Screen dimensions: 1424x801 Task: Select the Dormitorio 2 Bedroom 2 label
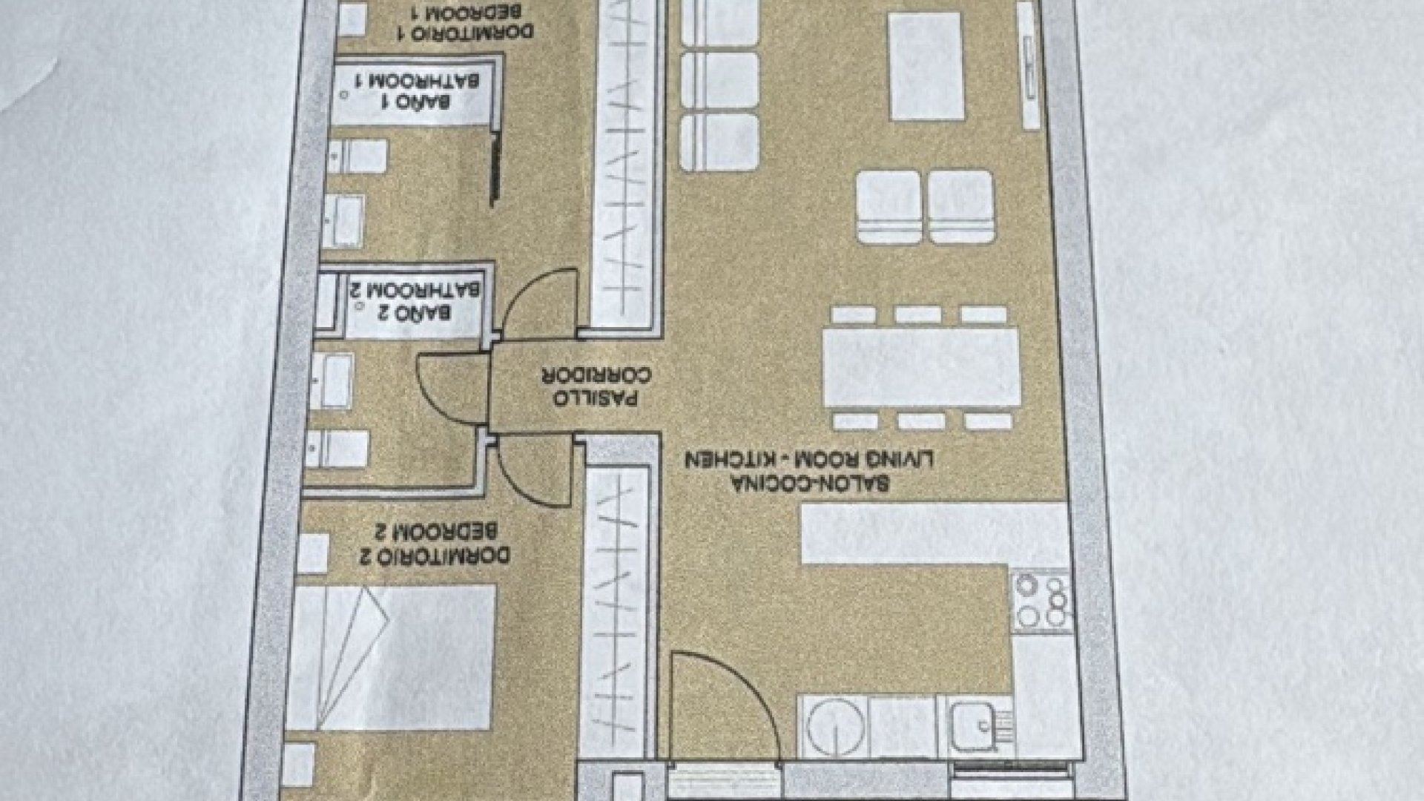coord(435,544)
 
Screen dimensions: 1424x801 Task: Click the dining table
coord(921,367)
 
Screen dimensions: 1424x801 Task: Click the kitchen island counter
coord(936,533)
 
